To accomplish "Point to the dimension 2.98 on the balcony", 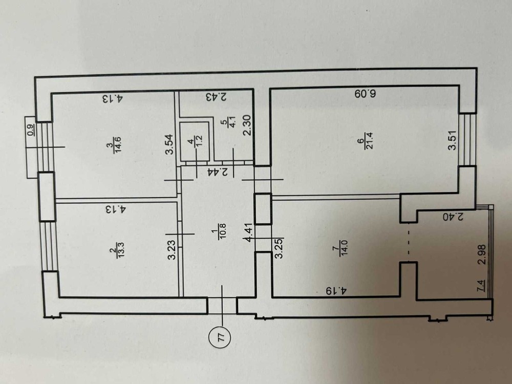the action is click(x=482, y=254).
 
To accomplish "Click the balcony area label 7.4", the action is click(x=481, y=286).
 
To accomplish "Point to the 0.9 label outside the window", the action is click(x=30, y=130).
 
